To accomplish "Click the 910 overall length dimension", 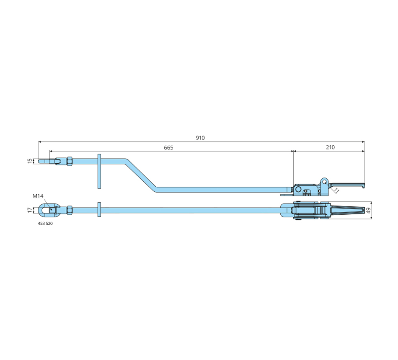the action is coord(200,138).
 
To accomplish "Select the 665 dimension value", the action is coord(168,148).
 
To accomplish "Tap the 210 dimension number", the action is coord(330,147).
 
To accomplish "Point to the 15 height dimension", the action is coord(30,161).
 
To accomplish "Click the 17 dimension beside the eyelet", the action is coord(30,210).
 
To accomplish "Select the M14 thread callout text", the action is coord(38,196).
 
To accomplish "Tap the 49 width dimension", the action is coord(368,210).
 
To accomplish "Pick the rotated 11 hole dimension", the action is coord(336,190).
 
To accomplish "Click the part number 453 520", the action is coord(45,224).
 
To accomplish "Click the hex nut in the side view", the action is coord(70,161).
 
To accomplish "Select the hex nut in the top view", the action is coord(70,210).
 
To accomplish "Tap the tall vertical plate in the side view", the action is coord(99,171).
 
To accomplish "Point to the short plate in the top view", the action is coord(99,210).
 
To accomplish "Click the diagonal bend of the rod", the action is coord(140,175).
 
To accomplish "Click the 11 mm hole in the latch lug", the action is coord(324,182).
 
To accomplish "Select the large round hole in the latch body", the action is coord(298,189).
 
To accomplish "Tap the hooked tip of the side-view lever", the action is coord(364,186).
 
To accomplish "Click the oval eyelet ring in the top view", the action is coord(46,210).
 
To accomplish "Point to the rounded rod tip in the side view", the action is coord(40,161).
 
